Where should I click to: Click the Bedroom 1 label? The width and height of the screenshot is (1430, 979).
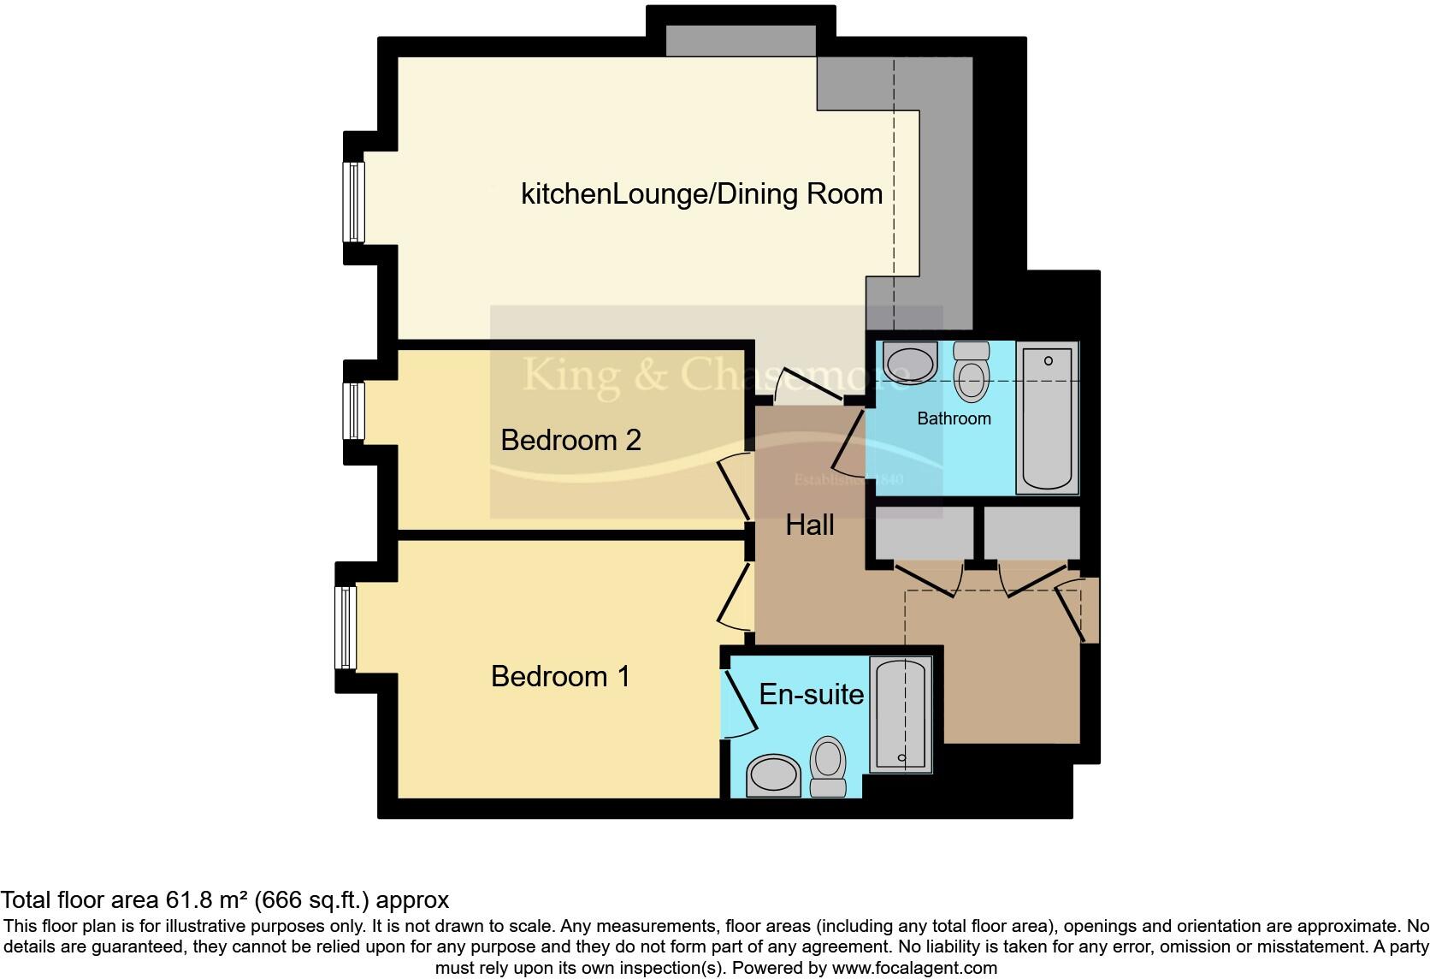pyautogui.click(x=560, y=677)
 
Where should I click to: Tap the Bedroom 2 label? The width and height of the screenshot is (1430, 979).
pyautogui.click(x=570, y=441)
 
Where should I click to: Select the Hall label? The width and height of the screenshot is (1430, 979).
pyautogui.click(x=809, y=525)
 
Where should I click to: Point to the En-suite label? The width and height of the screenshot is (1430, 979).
pyautogui.click(x=811, y=694)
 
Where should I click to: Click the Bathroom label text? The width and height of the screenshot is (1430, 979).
pyautogui.click(x=954, y=418)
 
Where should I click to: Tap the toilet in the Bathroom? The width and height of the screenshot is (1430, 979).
pyautogui.click(x=971, y=372)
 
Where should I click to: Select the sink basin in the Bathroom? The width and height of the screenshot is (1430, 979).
pyautogui.click(x=908, y=364)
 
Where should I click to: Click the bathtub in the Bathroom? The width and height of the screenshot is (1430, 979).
pyautogui.click(x=1047, y=418)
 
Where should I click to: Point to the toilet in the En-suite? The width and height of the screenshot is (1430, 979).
pyautogui.click(x=827, y=768)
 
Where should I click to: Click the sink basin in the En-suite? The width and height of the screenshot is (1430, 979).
pyautogui.click(x=773, y=775)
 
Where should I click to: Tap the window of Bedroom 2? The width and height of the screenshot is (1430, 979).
pyautogui.click(x=353, y=411)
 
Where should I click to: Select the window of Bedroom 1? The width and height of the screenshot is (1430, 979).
pyautogui.click(x=346, y=628)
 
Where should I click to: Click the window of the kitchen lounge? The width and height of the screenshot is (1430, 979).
pyautogui.click(x=353, y=202)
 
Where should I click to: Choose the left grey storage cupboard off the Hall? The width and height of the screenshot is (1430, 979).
pyautogui.click(x=924, y=533)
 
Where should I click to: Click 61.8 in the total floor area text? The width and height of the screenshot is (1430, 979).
pyautogui.click(x=186, y=900)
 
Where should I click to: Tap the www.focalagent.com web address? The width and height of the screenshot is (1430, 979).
pyautogui.click(x=914, y=969)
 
